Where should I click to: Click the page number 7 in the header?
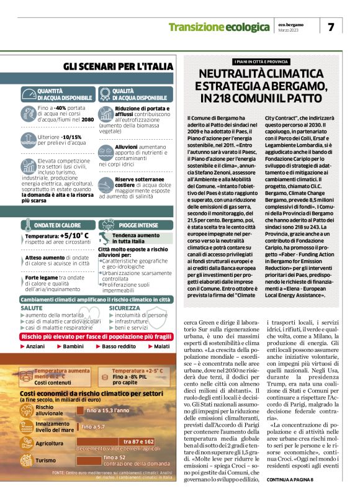(x=331, y=27)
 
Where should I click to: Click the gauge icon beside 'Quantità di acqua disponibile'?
(x=29, y=94)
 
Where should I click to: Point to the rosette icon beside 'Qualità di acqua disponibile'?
(x=105, y=94)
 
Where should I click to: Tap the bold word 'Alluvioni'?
(x=127, y=147)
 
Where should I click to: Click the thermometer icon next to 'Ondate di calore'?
(x=29, y=224)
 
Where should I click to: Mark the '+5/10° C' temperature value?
(x=75, y=237)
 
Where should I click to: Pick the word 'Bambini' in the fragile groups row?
(x=73, y=346)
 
